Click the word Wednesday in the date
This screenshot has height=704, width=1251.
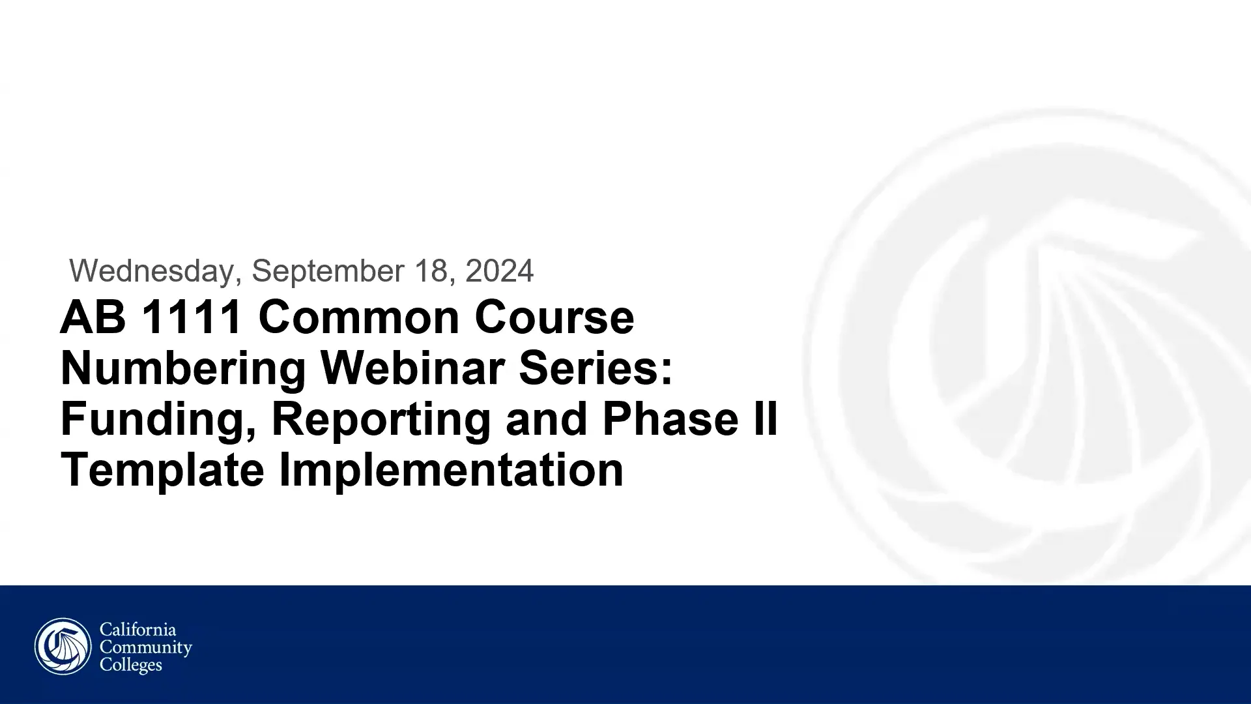tap(151, 271)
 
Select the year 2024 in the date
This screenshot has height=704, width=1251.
tap(499, 271)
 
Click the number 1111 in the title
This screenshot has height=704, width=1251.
tap(192, 317)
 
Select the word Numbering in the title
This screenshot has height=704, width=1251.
tap(183, 368)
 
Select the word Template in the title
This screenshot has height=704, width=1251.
tap(162, 470)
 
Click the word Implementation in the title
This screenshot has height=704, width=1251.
tap(451, 470)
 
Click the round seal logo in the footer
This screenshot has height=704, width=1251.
tap(63, 647)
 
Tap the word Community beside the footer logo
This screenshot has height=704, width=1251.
tap(145, 647)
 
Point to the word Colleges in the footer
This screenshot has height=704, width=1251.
tap(130, 665)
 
